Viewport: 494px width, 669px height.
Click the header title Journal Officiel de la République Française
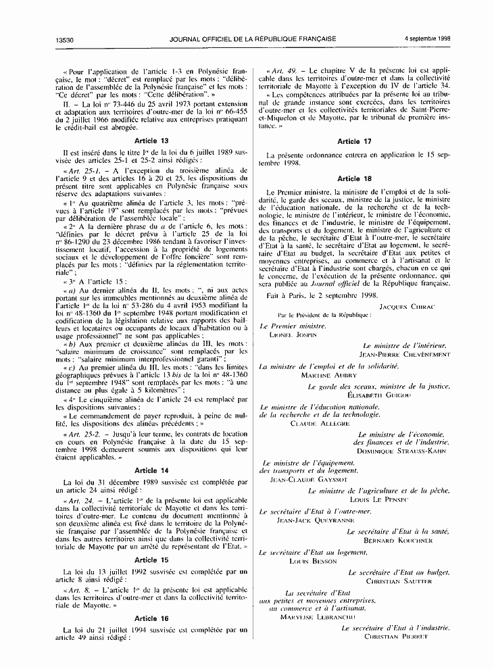246,40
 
